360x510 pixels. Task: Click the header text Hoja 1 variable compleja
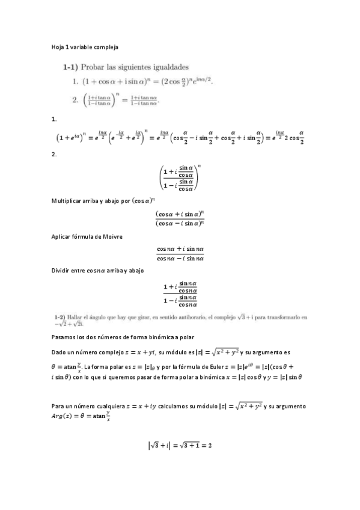[84, 46]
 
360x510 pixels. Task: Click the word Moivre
[112, 236]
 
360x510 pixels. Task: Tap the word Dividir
[63, 271]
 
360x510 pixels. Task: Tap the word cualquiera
[113, 407]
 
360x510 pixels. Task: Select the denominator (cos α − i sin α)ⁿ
[180, 224]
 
